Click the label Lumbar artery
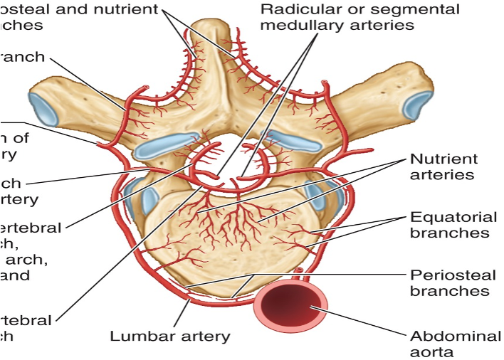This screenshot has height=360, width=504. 170,337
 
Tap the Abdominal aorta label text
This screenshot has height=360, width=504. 445,343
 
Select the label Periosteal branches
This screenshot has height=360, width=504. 449,282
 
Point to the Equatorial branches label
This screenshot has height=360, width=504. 449,224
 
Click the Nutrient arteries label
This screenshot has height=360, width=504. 444,166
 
